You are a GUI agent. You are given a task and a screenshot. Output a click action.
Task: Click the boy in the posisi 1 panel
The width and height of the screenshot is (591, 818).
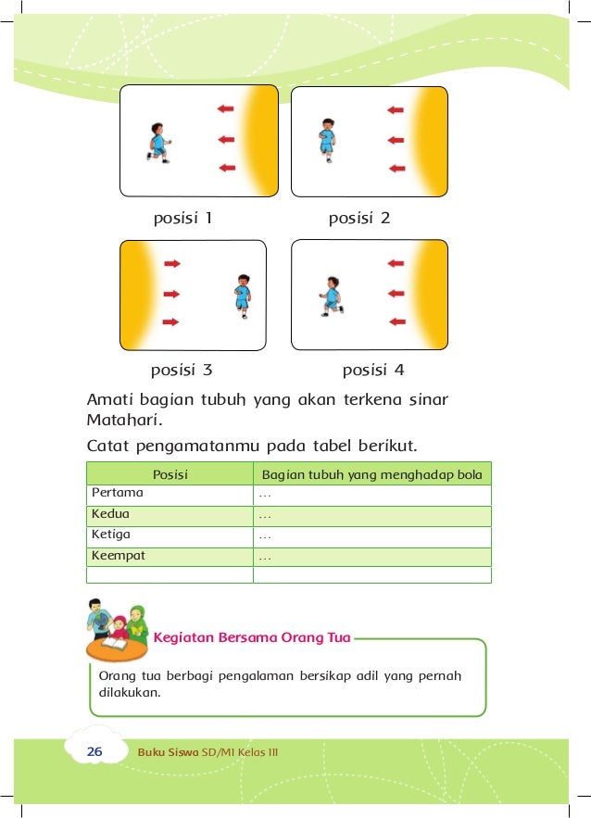[x=158, y=143]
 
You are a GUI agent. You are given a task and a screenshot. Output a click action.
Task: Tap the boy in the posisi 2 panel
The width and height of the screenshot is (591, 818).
[x=327, y=139]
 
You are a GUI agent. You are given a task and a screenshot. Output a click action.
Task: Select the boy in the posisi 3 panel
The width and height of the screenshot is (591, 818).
[x=242, y=296]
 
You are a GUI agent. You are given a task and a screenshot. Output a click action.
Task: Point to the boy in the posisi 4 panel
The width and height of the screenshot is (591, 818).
[x=331, y=296]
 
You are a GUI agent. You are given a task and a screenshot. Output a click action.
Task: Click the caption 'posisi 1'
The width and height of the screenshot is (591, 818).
[x=182, y=219]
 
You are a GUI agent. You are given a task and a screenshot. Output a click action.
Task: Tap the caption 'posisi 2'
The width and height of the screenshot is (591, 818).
[x=359, y=219]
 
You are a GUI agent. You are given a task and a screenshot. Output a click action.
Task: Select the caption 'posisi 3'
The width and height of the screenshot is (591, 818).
[x=182, y=371]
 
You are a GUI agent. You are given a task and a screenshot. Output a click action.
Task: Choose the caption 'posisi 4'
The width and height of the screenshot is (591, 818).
[x=373, y=371]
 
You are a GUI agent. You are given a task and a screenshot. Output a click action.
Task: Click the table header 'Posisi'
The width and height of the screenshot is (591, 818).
[x=170, y=474]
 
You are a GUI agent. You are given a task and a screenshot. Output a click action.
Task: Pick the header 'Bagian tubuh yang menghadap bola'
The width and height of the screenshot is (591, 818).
[x=371, y=474]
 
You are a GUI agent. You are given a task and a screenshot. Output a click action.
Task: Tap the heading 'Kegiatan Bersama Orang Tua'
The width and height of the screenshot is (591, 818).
[x=251, y=637]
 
